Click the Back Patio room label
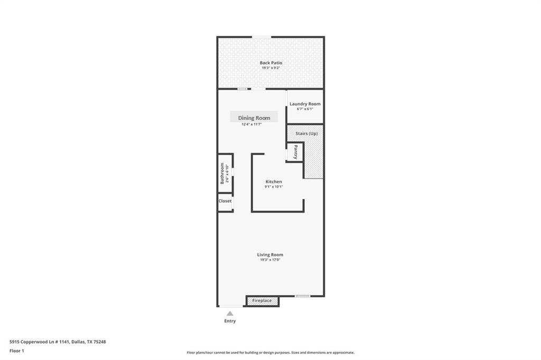tap(270, 63)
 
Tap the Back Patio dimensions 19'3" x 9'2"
tap(270, 68)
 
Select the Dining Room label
tap(254, 118)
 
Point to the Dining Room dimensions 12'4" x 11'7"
tap(252, 124)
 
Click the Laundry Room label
tap(305, 104)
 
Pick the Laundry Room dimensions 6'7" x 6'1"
tap(305, 109)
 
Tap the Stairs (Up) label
tap(306, 133)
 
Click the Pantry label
tap(295, 152)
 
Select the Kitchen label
tap(274, 182)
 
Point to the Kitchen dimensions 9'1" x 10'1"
tap(274, 187)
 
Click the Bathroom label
tap(222, 173)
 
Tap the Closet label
tap(225, 201)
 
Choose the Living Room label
tap(270, 255)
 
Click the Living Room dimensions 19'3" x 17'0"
tap(270, 260)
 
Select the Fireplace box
tap(262, 301)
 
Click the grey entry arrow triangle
tap(230, 314)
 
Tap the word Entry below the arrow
tap(230, 321)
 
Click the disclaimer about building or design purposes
tap(270, 353)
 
